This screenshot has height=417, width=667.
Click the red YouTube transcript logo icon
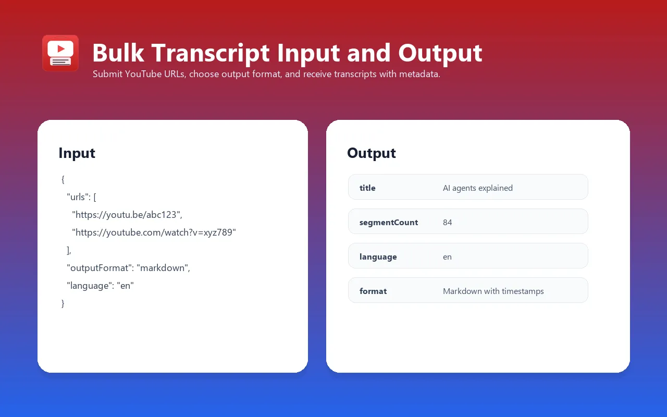pos(60,53)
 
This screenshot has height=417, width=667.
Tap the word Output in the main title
pos(440,53)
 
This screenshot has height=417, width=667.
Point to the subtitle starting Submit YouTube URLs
pos(266,74)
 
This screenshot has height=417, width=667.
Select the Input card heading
pos(77,153)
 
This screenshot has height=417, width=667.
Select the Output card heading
pos(371,153)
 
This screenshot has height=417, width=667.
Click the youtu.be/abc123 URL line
pos(127,215)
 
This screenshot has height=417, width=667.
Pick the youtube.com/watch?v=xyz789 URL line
pos(154,232)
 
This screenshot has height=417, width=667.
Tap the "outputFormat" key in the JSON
pos(100,268)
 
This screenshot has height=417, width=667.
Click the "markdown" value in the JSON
pos(163,268)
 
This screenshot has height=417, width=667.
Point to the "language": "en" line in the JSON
pos(100,286)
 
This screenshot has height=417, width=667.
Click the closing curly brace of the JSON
pos(63,303)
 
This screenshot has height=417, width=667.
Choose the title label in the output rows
pos(367,188)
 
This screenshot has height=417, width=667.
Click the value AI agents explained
pos(477,188)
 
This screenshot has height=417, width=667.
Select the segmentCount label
pos(389,222)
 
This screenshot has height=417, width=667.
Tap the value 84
pos(447,222)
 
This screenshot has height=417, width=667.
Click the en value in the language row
pos(447,256)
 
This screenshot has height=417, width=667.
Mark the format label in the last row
pos(373,291)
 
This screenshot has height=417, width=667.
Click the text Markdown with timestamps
pos(493,291)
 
